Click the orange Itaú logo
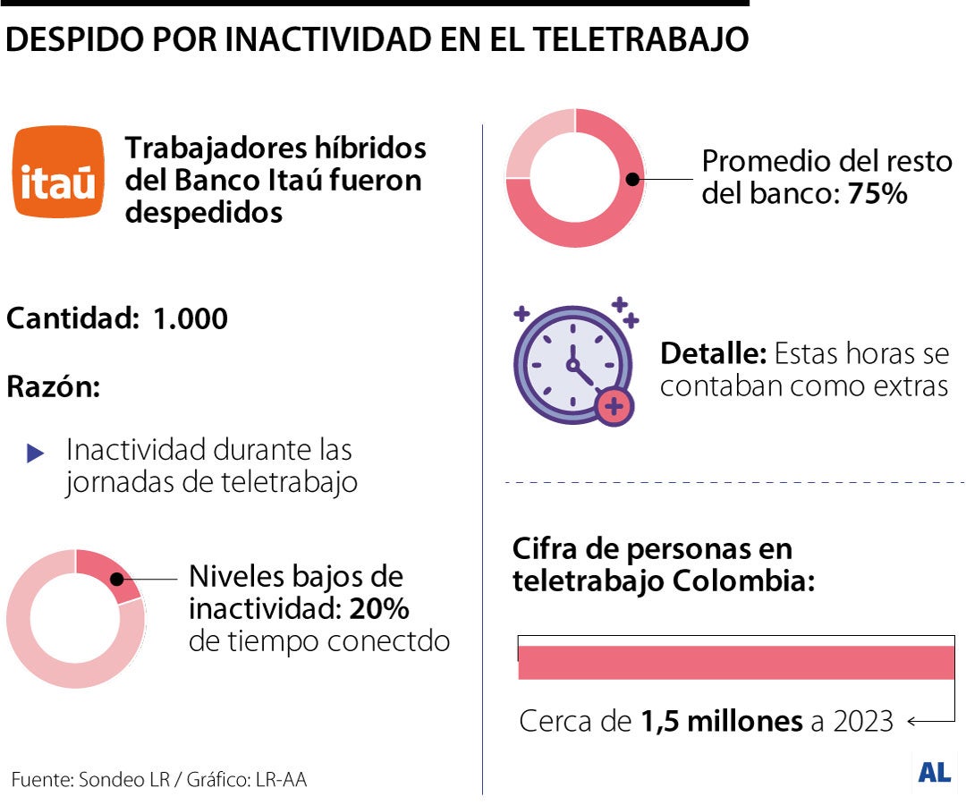pyautogui.click(x=58, y=172)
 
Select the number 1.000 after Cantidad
pyautogui.click(x=191, y=318)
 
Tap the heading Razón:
pyautogui.click(x=54, y=387)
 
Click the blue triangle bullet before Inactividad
pyautogui.click(x=36, y=453)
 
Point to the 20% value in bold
pyautogui.click(x=379, y=609)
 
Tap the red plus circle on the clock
pyautogui.click(x=614, y=407)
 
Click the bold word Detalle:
pyautogui.click(x=713, y=354)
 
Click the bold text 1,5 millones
pyautogui.click(x=722, y=721)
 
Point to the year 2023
pyautogui.click(x=863, y=721)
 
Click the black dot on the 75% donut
pyautogui.click(x=632, y=179)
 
